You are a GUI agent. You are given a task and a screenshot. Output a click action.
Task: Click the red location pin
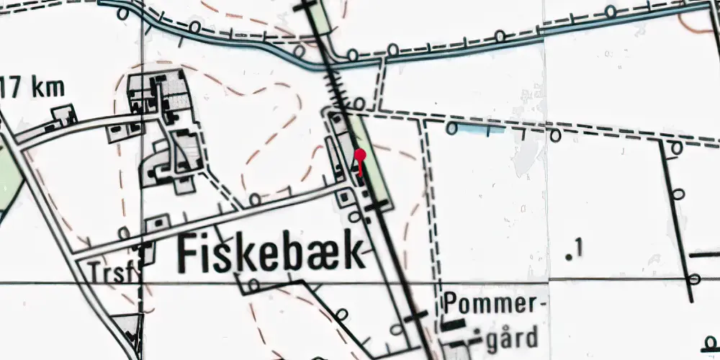[x=361, y=155]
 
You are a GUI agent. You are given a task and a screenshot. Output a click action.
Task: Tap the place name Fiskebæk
[x=270, y=254]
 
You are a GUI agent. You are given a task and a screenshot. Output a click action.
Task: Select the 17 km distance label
[x=32, y=89]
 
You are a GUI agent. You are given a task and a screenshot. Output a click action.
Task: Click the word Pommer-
[x=492, y=304]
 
